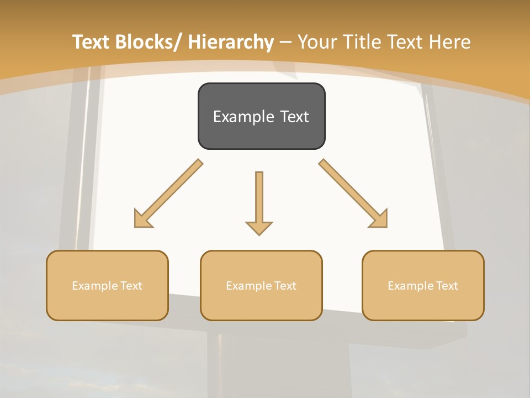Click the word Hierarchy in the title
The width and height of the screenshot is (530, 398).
pyautogui.click(x=231, y=42)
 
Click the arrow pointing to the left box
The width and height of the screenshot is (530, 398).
pyautogui.click(x=167, y=194)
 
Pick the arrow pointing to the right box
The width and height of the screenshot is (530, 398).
pyautogui.click(x=354, y=193)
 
